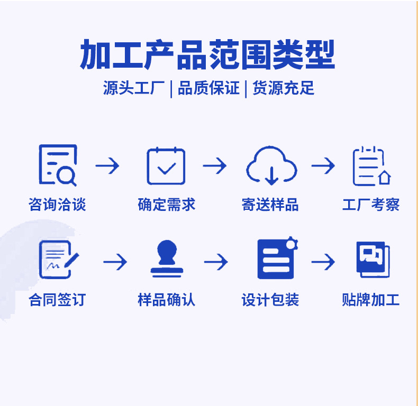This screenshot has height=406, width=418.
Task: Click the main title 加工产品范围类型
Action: point(207,55)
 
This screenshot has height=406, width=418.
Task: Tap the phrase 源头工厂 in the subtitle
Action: point(134,88)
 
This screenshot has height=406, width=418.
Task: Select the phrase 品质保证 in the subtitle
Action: point(208,88)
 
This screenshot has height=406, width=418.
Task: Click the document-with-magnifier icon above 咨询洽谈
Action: point(58,165)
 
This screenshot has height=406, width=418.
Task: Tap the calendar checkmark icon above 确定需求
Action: point(166,166)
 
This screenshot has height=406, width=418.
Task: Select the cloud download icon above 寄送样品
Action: point(271,166)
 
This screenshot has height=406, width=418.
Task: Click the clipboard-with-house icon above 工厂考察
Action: point(371,166)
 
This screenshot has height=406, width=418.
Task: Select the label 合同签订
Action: point(57,300)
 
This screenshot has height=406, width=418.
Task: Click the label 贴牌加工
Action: point(371,300)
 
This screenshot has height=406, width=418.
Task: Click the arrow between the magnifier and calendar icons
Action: point(107,166)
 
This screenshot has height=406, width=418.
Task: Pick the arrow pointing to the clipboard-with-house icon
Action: point(323,166)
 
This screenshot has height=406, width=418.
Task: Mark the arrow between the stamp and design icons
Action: point(216,262)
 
